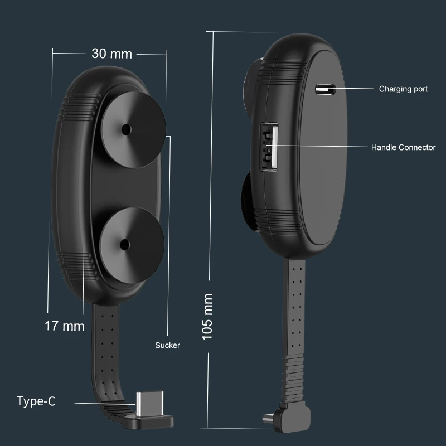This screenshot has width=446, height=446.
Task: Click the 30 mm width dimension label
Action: [111, 54]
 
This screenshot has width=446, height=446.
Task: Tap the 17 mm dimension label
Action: [64, 326]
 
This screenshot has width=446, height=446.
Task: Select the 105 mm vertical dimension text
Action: [208, 317]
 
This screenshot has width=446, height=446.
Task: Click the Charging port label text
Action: [403, 89]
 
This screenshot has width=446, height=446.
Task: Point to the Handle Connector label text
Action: [403, 148]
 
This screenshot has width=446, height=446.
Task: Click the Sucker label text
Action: [167, 346]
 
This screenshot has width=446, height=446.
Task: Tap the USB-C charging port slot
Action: [325, 88]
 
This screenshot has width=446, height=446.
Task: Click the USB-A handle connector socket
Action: [269, 147]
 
